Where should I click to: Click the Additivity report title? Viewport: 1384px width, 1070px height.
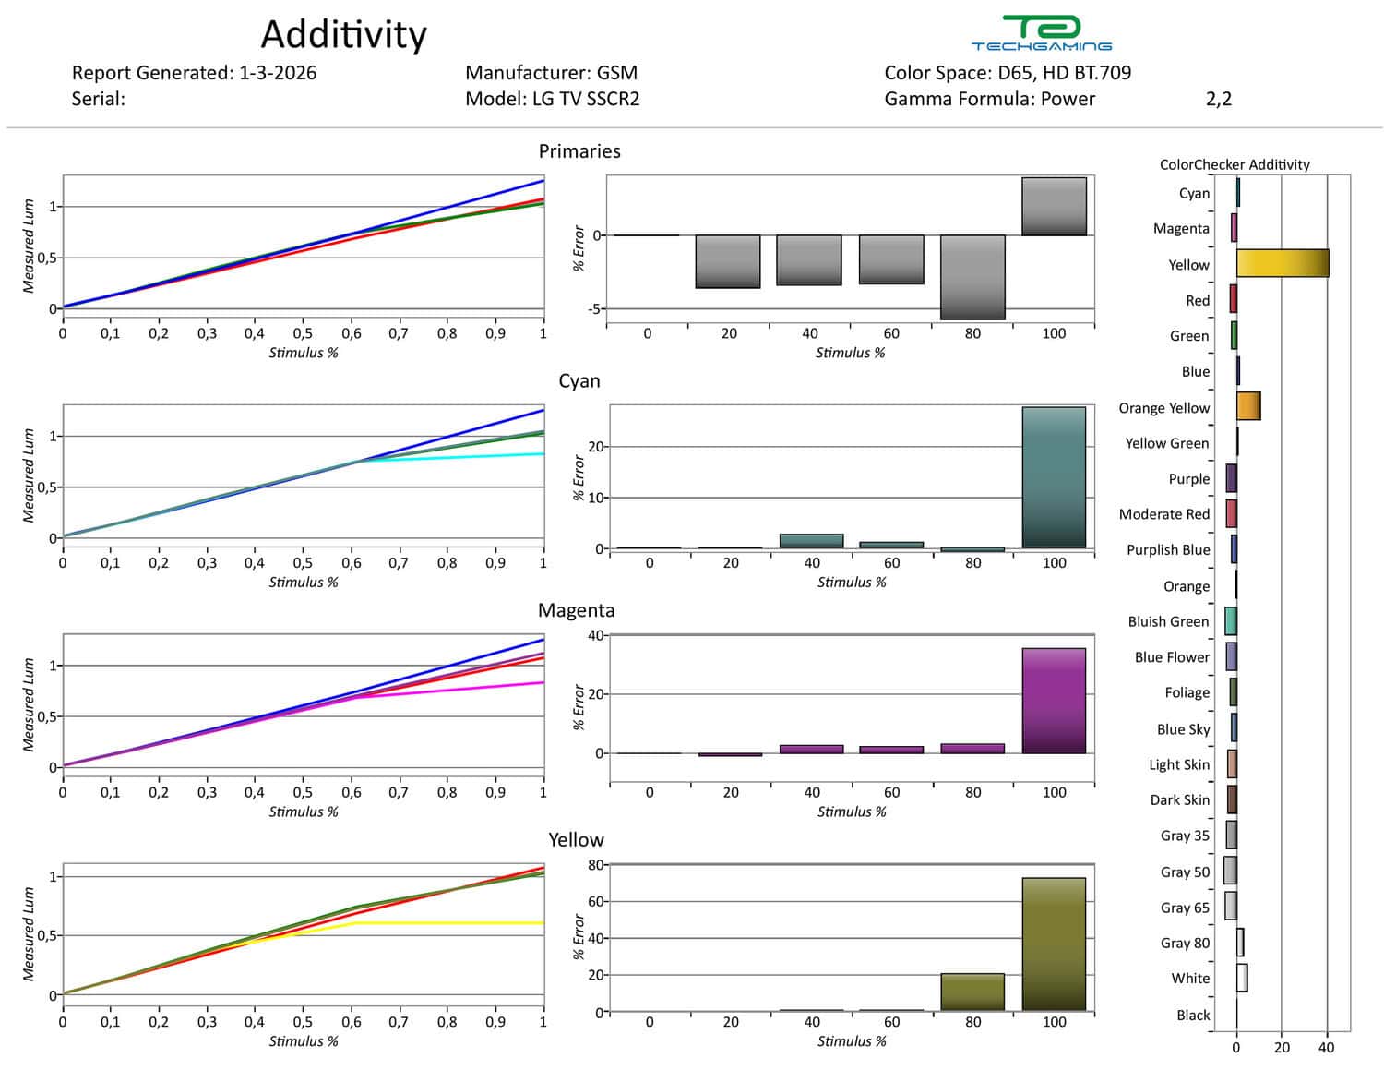[x=343, y=35]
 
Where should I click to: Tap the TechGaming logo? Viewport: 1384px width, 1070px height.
[x=1041, y=33]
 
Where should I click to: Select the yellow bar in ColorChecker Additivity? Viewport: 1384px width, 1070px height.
[x=1282, y=263]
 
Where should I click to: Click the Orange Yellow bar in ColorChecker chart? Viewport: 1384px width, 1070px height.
[x=1248, y=406]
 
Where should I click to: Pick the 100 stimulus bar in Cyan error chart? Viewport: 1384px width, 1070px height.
[x=1054, y=477]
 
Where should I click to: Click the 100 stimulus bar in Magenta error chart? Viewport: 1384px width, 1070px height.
[x=1054, y=701]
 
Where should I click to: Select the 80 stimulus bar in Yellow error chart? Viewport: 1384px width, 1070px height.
[x=972, y=992]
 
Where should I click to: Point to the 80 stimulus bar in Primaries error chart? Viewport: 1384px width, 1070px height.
[x=972, y=277]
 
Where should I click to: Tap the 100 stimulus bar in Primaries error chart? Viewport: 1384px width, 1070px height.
[x=1054, y=206]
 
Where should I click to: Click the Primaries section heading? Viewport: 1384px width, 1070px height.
[x=579, y=151]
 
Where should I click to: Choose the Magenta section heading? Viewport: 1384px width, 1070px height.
[x=576, y=610]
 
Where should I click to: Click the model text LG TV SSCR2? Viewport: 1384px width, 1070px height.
[x=586, y=99]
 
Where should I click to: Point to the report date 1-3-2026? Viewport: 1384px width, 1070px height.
[x=277, y=73]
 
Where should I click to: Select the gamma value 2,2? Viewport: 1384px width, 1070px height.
[x=1218, y=99]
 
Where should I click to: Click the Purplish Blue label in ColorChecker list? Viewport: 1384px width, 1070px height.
[x=1168, y=549]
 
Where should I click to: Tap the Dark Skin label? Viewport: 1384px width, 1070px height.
[x=1179, y=799]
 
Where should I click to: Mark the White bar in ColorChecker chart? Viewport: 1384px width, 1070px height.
[x=1242, y=978]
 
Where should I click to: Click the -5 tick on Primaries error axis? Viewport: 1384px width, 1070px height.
[x=595, y=309]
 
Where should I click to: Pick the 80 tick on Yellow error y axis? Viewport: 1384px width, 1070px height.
[x=595, y=865]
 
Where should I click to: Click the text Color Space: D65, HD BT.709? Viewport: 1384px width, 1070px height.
[x=1007, y=73]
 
